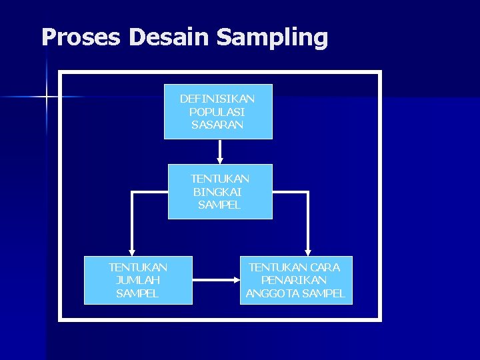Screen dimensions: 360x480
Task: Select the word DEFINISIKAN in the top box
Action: (x=217, y=99)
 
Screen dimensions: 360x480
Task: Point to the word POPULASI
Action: (x=217, y=111)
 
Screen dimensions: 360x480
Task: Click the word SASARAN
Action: (x=217, y=124)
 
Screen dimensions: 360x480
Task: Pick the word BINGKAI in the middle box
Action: (x=217, y=191)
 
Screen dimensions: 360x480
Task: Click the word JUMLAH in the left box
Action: (x=138, y=280)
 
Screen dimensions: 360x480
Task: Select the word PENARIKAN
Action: (x=294, y=280)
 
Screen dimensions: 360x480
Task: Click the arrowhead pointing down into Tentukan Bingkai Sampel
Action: (x=220, y=160)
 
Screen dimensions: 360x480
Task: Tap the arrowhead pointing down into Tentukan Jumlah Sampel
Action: (x=132, y=252)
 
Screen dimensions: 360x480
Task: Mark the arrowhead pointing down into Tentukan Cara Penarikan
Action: (x=308, y=252)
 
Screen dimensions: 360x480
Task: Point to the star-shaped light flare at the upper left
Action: (x=47, y=97)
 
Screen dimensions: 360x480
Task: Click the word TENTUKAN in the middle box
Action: (x=220, y=179)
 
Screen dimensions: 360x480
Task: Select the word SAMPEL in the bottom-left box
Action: (x=138, y=293)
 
